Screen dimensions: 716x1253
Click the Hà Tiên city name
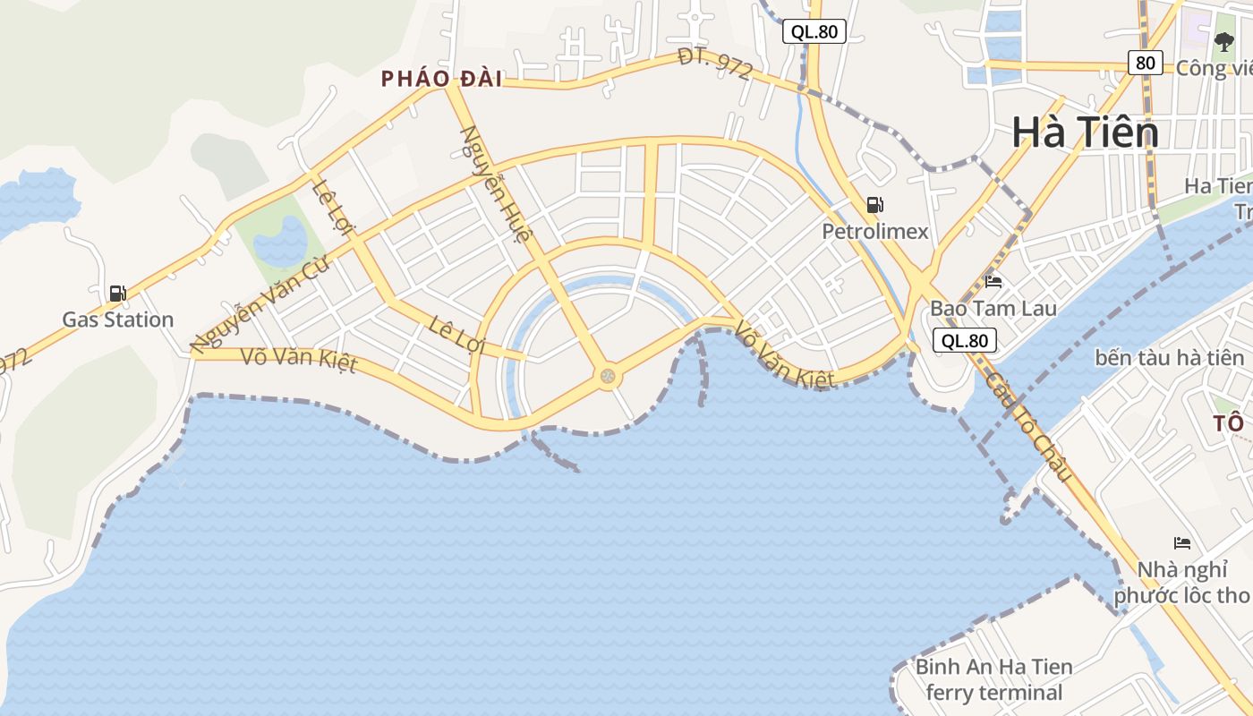1085,133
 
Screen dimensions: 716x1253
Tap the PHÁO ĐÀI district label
441,79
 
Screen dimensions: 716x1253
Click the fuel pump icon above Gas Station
117,294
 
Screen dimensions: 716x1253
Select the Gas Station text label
117,320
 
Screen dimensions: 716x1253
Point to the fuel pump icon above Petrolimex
875,205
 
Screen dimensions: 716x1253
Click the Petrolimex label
875,232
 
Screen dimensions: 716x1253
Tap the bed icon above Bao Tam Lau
993,282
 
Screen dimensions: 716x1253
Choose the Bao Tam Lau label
993,309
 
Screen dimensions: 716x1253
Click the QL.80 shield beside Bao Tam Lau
965,340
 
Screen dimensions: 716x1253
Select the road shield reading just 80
1145,62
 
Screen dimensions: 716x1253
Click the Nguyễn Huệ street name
497,184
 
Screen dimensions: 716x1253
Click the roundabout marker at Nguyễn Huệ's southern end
609,377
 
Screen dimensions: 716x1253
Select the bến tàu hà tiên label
1169,358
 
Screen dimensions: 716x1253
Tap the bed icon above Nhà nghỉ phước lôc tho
1181,543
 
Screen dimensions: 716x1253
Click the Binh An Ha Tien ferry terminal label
993,679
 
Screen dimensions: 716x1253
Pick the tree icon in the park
1223,40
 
